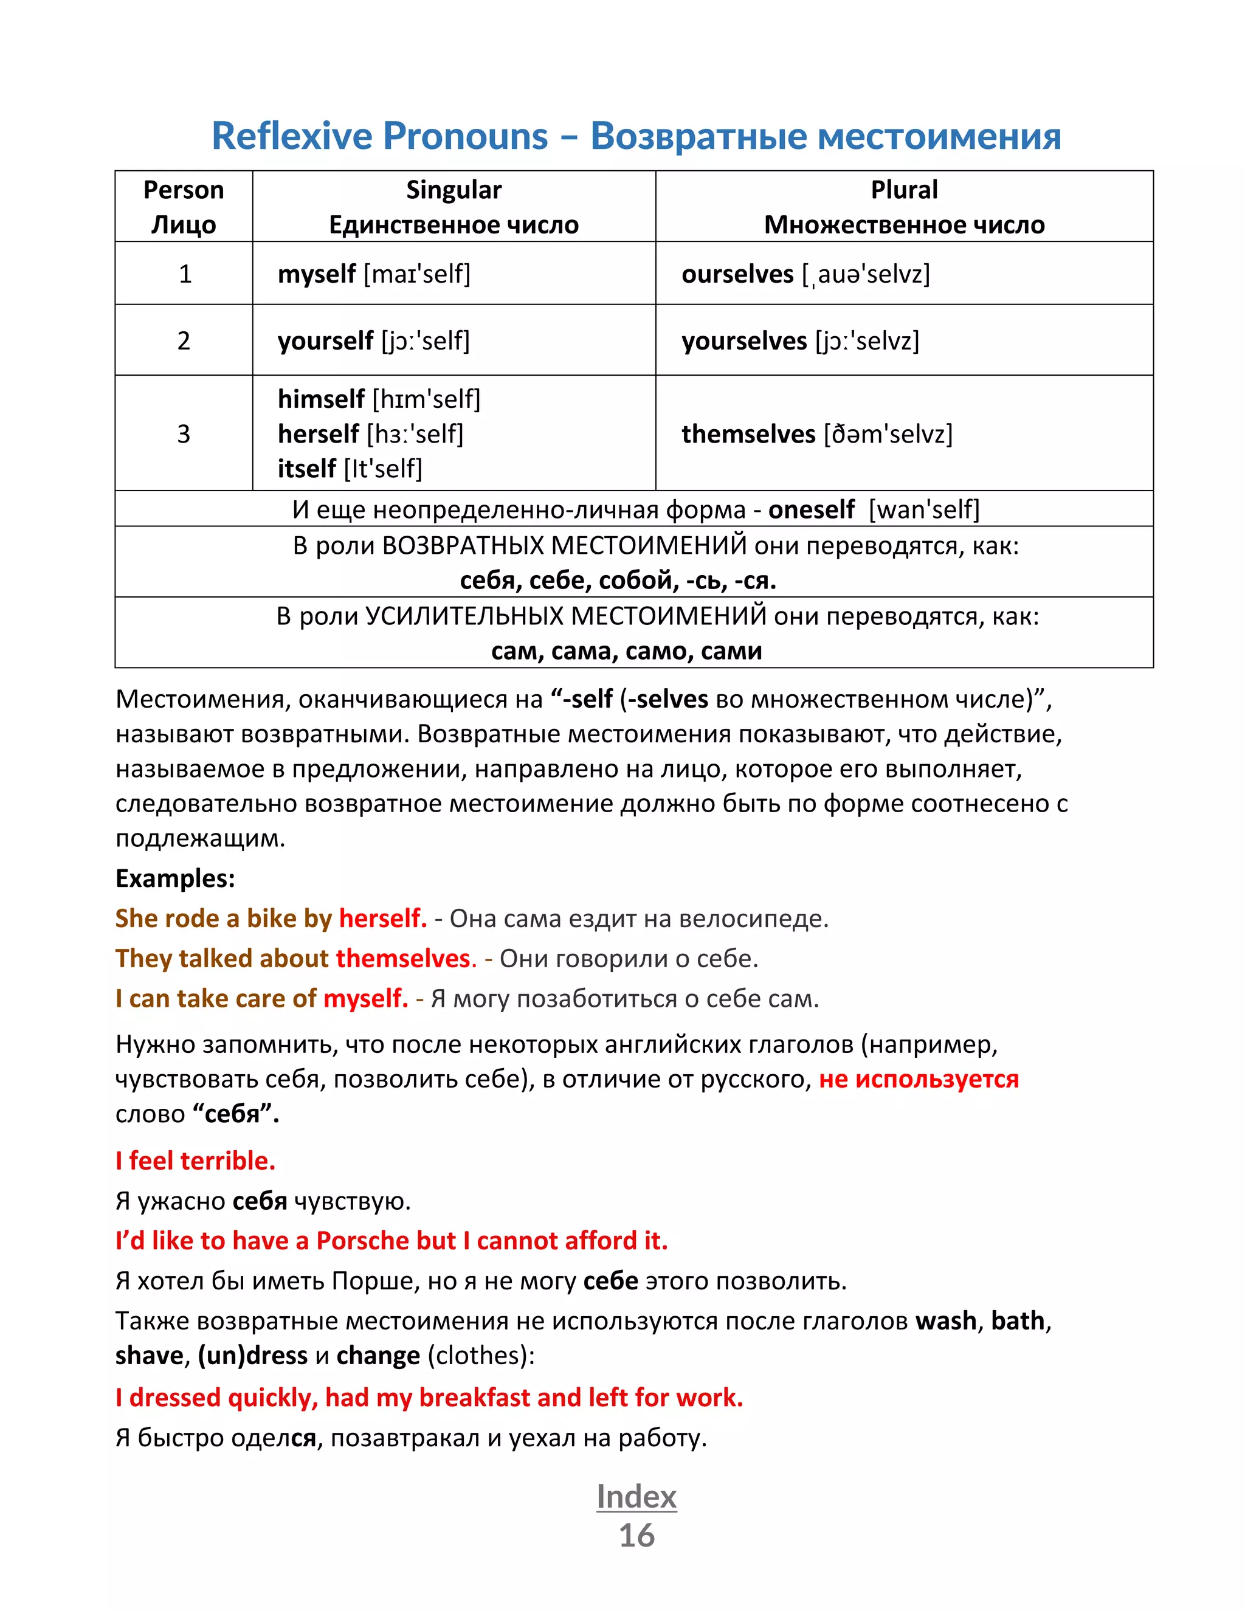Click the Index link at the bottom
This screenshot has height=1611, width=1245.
tap(636, 1497)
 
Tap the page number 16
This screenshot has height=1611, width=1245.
tap(636, 1536)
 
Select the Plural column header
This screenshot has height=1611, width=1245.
tap(903, 190)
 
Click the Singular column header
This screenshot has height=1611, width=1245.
tap(454, 190)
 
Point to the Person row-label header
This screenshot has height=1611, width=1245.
tap(183, 190)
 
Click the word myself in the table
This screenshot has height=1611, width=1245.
tap(316, 274)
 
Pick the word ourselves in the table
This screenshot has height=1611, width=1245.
tap(737, 274)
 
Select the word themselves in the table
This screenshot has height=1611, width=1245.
tap(748, 433)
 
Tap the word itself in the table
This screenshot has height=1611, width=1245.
tap(306, 468)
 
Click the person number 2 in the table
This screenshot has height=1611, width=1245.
tap(184, 341)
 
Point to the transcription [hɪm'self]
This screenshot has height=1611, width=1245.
tap(426, 399)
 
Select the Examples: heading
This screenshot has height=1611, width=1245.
tap(175, 878)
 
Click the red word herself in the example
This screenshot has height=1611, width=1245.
tap(382, 919)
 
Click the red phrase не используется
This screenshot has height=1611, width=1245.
tap(919, 1079)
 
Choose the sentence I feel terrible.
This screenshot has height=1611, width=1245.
tap(196, 1161)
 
